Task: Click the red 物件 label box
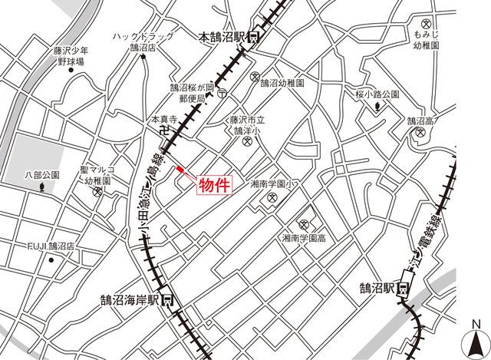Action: pos(214,185)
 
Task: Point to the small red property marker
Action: pos(180,169)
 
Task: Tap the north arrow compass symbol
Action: pos(476,338)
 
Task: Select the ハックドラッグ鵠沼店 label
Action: pos(141,41)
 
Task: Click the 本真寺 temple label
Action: pos(163,121)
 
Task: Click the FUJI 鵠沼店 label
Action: pos(51,246)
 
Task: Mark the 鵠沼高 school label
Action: pos(420,121)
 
